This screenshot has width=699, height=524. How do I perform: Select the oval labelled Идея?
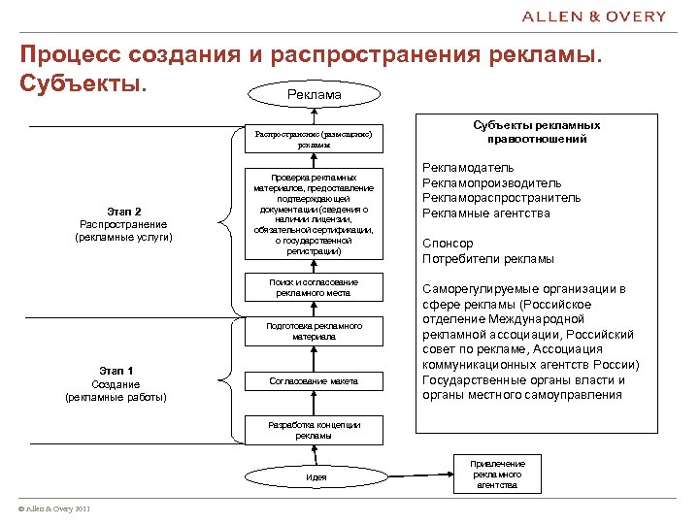point(316,476)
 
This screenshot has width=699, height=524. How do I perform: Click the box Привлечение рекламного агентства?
point(497,475)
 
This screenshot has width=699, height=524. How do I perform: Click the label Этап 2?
point(124,212)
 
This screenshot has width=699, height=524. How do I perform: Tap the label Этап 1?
point(116,370)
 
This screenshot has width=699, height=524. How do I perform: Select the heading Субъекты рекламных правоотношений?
point(537,132)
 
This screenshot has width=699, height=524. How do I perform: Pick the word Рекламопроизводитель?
point(491,183)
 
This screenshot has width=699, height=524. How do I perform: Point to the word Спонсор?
point(448,244)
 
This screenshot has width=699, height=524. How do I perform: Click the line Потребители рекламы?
point(488,259)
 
